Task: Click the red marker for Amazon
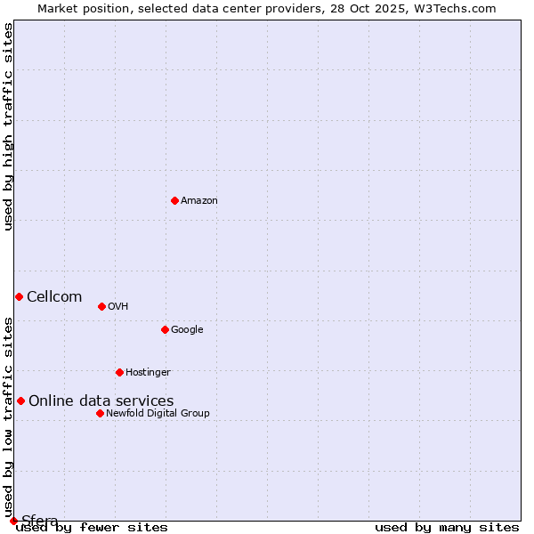pos(174,200)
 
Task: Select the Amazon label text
pos(199,201)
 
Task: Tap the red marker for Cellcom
pos(19,296)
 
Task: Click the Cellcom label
pos(54,297)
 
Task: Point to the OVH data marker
pos(101,306)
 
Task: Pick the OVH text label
pos(118,307)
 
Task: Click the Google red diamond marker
pos(165,329)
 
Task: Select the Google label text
pos(187,330)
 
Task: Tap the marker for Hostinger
pos(119,372)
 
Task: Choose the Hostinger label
pos(148,373)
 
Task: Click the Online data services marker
pos(20,400)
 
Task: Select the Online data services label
pos(101,401)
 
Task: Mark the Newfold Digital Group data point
pos(100,413)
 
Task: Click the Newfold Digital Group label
pos(158,414)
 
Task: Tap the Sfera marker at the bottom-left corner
pos(13,521)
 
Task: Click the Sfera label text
pos(40,521)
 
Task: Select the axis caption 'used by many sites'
pos(447,528)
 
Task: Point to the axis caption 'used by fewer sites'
pos(92,528)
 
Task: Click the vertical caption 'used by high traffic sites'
pos(9,126)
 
